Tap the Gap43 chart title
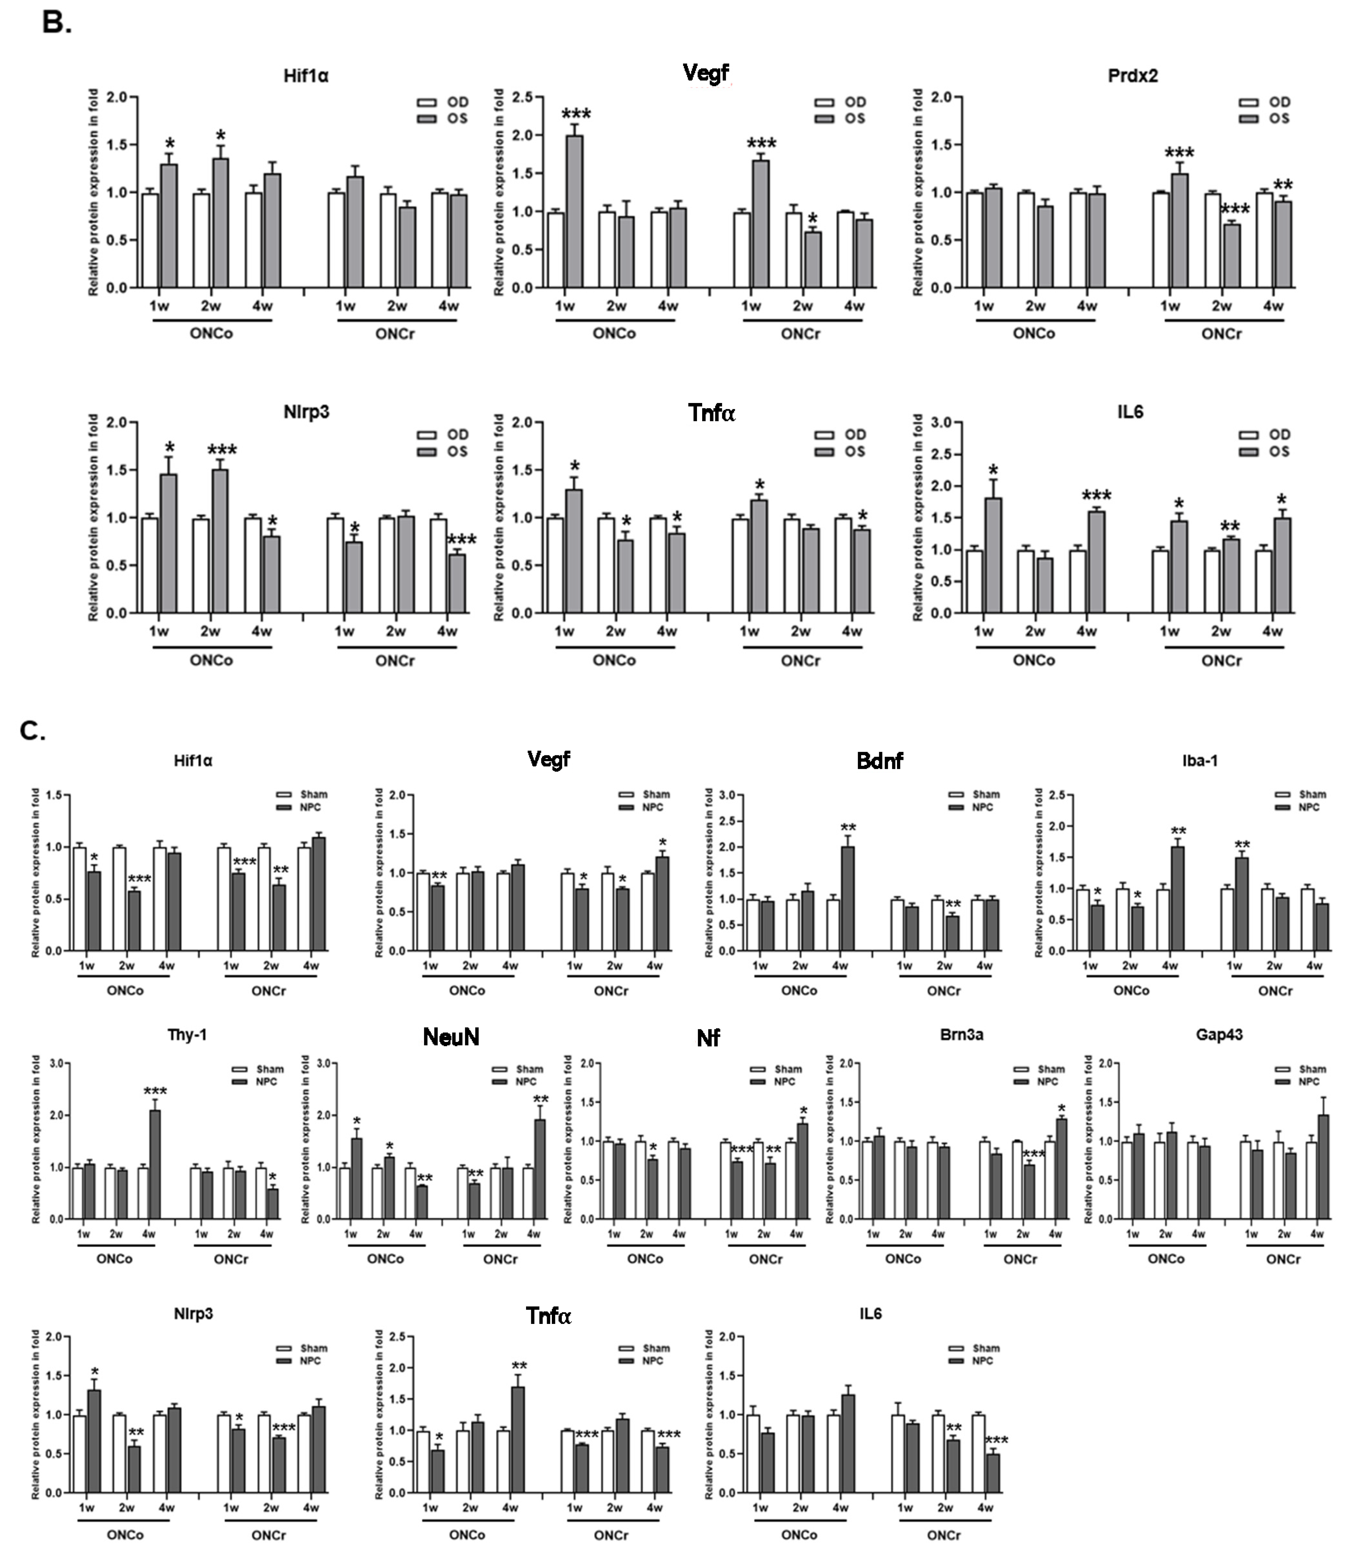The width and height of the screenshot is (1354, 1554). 1219,1035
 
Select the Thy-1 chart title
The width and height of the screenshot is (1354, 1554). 187,1035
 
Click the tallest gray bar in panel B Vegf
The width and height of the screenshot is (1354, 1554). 575,212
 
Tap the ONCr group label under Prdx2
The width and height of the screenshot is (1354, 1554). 1221,333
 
